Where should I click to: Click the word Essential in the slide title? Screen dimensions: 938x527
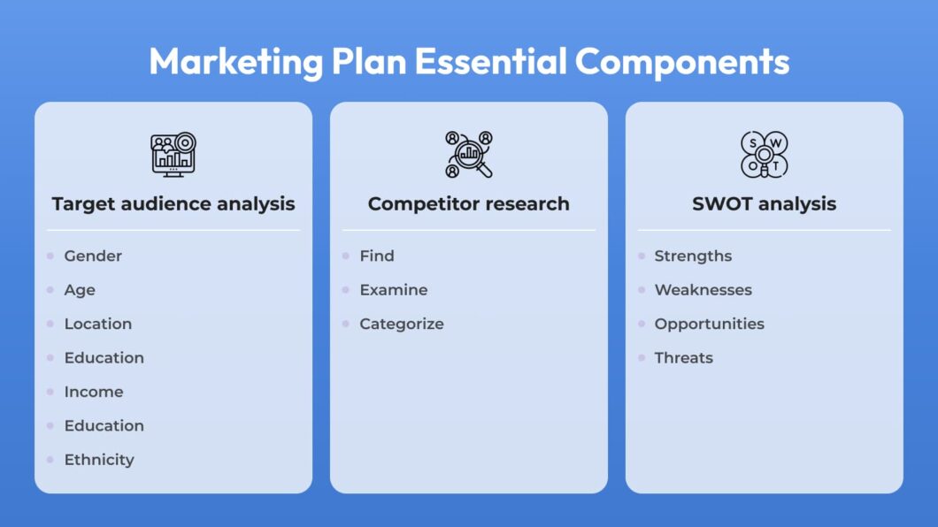pos(490,61)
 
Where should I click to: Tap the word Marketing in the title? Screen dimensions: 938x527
pos(236,63)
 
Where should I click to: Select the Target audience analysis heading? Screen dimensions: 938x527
pos(173,204)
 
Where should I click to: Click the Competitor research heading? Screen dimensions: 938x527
pos(468,203)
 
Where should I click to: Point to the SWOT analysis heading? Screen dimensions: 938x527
pos(764,203)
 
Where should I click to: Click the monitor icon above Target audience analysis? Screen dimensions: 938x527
pos(173,154)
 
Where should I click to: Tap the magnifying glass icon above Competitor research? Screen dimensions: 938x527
pos(468,154)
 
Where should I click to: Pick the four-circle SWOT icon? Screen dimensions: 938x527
pos(764,154)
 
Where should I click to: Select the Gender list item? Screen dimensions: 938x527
pos(93,256)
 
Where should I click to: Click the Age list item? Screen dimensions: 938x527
pos(80,290)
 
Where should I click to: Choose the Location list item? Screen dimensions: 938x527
pos(98,324)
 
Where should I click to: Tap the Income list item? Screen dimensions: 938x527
pos(94,392)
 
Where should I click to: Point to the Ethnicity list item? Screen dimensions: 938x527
pos(99,460)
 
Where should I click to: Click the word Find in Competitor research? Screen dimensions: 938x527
pos(377,256)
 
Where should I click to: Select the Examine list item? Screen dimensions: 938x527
pos(394,290)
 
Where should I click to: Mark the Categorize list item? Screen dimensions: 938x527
pos(402,325)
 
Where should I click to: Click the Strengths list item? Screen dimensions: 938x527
pos(693,256)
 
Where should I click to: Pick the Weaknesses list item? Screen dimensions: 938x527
pos(703,290)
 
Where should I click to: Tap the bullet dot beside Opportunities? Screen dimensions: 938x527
pos(642,324)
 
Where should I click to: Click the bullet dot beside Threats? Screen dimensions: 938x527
pos(642,358)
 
